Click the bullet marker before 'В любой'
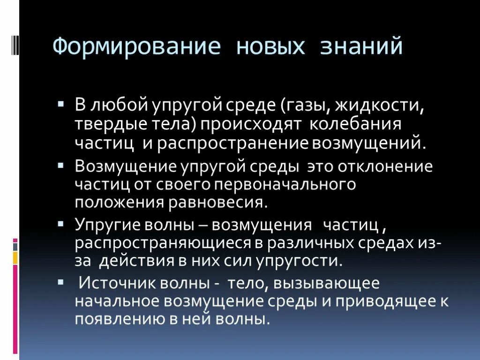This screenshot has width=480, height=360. [61, 102]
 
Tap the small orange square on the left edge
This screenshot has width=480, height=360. [15, 257]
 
